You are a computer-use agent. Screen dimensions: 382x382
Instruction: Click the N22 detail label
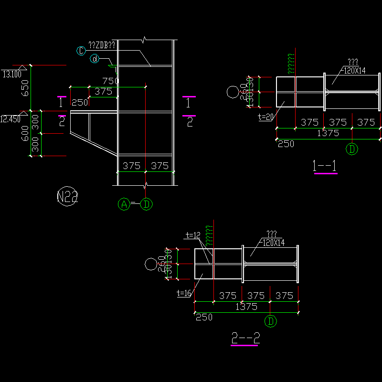(x=67, y=196)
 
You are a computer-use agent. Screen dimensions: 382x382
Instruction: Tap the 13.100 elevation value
(x=12, y=74)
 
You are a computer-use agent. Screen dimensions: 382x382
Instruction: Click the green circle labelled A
(x=124, y=204)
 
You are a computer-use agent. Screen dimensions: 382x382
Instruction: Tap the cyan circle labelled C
(x=81, y=50)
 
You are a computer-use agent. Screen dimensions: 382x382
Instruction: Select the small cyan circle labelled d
(x=95, y=59)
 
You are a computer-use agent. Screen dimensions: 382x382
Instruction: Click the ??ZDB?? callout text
(x=102, y=45)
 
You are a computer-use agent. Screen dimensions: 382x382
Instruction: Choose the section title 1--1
(x=325, y=166)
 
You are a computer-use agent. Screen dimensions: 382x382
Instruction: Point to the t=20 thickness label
(x=265, y=117)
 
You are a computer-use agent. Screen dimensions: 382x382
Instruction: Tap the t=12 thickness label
(x=193, y=235)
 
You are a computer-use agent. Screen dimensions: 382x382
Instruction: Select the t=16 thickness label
(x=184, y=293)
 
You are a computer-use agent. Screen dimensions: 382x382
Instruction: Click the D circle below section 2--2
(x=271, y=321)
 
